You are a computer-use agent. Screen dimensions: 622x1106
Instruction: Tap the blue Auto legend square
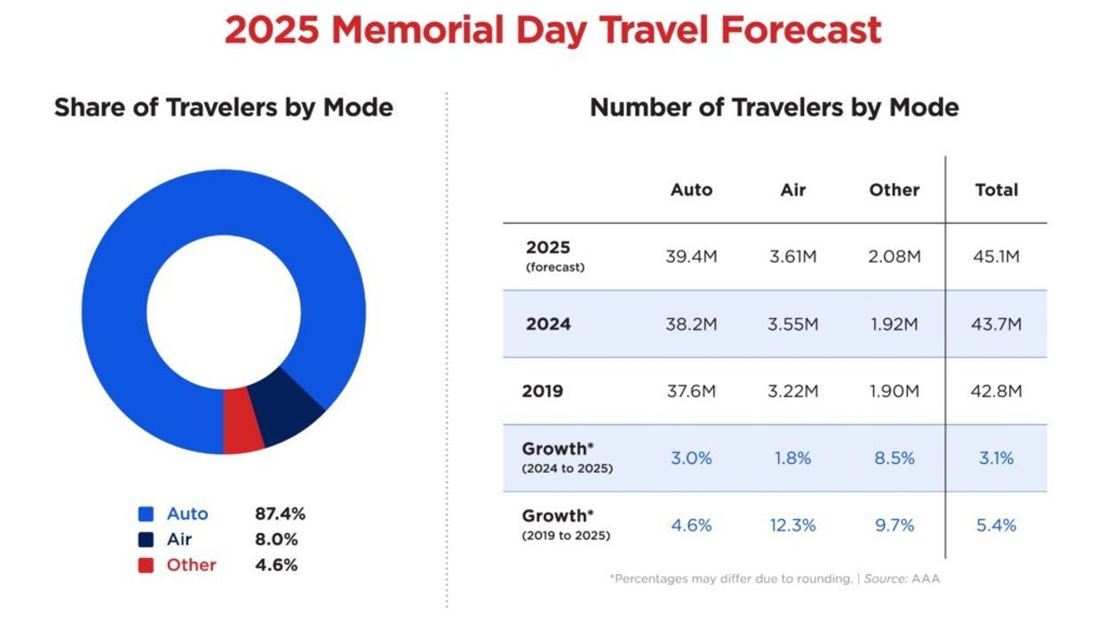coord(147,514)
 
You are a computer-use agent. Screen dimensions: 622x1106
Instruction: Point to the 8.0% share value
coord(275,539)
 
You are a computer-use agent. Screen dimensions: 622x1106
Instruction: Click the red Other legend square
coord(147,565)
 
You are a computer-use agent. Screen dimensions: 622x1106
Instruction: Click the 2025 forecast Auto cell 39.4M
coord(691,257)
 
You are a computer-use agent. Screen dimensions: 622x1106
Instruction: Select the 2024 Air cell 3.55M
coord(792,324)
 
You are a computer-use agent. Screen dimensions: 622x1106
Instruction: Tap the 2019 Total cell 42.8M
coord(996,391)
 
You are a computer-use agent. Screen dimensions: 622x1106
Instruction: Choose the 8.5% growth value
coord(894,459)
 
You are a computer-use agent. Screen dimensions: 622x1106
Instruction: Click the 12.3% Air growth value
coord(792,525)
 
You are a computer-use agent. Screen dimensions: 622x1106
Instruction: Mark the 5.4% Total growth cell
coord(996,525)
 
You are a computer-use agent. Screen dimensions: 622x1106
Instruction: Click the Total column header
coord(996,189)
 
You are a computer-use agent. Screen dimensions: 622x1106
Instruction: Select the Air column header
coord(792,189)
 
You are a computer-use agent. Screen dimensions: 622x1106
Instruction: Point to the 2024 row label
coord(548,324)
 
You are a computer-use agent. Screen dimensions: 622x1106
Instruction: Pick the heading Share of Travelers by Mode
coord(223,108)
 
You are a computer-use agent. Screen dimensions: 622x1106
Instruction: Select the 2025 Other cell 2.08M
coord(894,257)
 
